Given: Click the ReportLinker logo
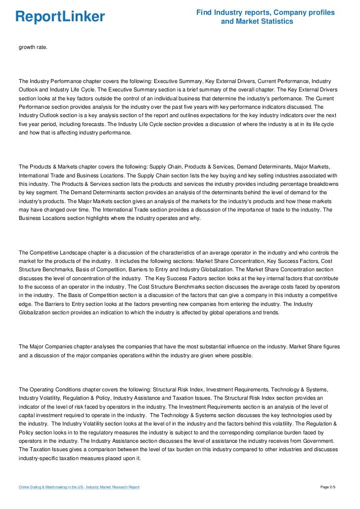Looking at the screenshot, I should [60, 17].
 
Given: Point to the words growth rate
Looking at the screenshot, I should [34, 47].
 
